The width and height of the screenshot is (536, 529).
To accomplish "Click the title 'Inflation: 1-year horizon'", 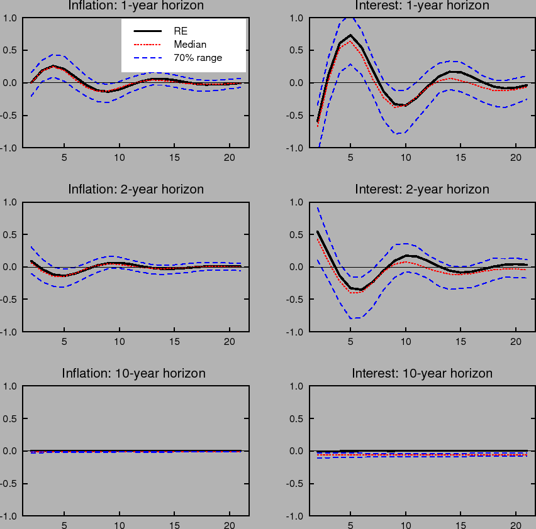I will (136, 6).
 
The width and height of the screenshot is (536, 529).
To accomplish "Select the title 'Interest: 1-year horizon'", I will (422, 6).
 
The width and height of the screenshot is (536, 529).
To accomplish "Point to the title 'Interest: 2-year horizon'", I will (422, 189).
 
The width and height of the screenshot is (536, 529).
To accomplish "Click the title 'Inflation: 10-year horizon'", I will (133, 373).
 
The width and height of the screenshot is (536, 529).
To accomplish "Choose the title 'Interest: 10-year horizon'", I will (422, 373).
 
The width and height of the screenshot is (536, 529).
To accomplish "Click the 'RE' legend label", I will (181, 30).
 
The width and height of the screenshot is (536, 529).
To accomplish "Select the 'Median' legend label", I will (190, 44).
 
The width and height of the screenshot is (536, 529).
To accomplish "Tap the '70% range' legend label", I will (198, 58).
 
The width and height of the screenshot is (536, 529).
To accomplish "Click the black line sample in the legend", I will (147, 30).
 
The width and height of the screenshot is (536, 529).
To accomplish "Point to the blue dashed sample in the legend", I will (147, 58).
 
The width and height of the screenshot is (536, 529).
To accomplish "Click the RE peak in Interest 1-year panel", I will (350, 35).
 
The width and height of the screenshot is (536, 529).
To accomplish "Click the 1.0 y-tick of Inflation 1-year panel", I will (11, 18).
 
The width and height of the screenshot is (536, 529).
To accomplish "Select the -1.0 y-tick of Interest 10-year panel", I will (296, 516).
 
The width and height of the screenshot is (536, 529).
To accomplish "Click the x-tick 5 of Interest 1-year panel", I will (350, 158).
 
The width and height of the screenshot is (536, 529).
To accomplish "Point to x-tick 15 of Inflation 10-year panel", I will (175, 526).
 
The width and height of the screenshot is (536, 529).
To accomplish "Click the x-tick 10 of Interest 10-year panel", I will (406, 526).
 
